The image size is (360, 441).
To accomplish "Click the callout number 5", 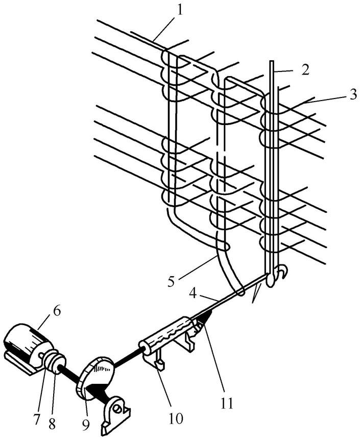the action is coord(171,281).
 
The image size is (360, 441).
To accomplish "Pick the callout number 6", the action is coord(56,312).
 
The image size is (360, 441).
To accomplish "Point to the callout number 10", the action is coord(175,418).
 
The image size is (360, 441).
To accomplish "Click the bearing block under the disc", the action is coord(116,415).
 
